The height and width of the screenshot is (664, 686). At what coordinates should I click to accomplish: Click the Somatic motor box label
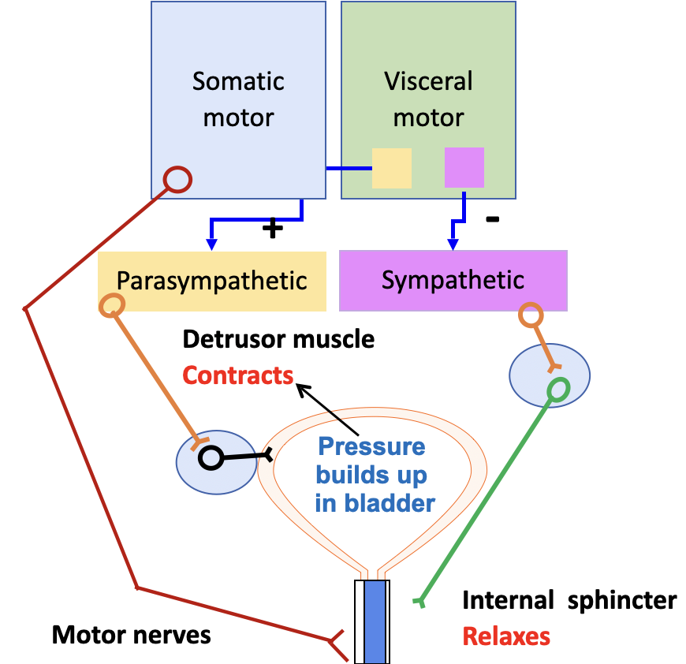(x=238, y=99)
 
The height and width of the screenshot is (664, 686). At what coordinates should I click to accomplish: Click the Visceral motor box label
(x=428, y=99)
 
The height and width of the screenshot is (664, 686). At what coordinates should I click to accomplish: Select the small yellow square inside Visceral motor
(x=392, y=168)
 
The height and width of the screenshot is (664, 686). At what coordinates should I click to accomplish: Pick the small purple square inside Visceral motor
(x=464, y=167)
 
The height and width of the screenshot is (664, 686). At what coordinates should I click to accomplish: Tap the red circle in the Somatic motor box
(x=177, y=180)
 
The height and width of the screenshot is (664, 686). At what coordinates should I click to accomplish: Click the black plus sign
(x=271, y=229)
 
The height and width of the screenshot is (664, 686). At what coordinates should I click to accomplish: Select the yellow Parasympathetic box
(x=212, y=281)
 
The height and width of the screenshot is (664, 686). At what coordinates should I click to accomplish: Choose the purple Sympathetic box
(x=453, y=281)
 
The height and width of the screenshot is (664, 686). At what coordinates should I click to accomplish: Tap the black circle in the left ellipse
(x=211, y=457)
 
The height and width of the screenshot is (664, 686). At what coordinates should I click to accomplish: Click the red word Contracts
(x=238, y=375)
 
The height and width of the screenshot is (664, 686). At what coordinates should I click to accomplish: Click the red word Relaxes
(x=506, y=636)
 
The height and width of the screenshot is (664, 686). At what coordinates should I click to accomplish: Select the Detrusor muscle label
(x=278, y=340)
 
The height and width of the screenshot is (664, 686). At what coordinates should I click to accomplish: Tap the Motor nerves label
(x=132, y=635)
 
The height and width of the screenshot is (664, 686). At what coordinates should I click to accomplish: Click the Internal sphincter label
(x=569, y=601)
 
